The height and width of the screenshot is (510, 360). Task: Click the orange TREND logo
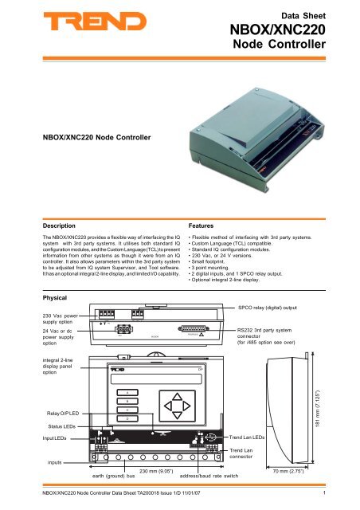68,26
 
